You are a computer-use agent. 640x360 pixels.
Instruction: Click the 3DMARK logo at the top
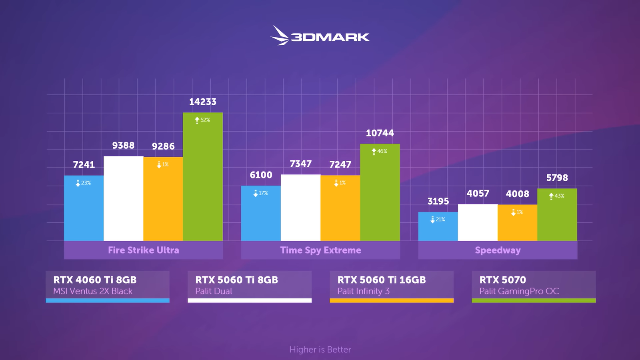pos(320,36)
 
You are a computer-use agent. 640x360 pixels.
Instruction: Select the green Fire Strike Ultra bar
pos(203,180)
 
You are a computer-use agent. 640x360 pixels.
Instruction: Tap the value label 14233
pos(202,102)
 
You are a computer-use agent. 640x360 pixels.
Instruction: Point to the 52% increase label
pos(202,120)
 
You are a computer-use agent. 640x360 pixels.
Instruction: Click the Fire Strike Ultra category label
pos(143,250)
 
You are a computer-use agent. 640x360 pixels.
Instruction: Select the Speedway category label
pos(498,250)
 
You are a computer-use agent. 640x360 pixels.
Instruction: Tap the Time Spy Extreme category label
pos(320,250)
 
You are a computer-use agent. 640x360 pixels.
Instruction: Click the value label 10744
pos(380,133)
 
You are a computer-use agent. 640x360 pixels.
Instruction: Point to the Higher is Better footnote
pos(320,349)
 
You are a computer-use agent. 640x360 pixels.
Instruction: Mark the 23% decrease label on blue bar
pos(84,183)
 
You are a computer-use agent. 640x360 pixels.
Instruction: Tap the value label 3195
pos(438,201)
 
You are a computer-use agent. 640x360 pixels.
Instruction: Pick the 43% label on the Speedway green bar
pos(557,196)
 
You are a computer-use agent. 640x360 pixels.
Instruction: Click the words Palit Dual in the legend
pos(213,291)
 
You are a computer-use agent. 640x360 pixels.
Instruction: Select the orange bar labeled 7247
pos(340,212)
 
